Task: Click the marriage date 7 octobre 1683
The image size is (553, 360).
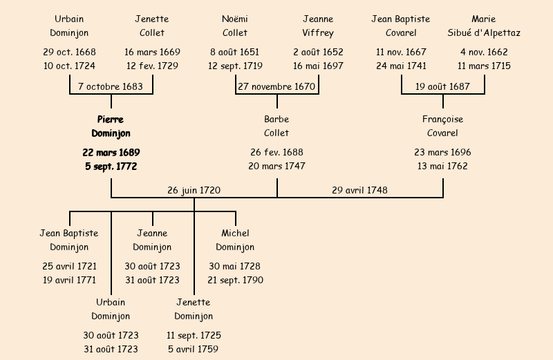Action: point(111,87)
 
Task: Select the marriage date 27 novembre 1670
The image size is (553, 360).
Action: point(276,87)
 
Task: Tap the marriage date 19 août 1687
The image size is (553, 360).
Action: point(442,87)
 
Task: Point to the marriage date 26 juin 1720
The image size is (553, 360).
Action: point(194,190)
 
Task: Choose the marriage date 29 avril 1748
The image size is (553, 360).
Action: point(359,190)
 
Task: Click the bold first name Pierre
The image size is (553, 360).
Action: point(111,120)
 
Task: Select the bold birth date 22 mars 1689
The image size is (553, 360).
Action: point(111,153)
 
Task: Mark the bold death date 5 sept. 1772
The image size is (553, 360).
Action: point(111,167)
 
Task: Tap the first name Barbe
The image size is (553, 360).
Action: point(276,120)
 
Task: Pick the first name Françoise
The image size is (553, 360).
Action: point(442,120)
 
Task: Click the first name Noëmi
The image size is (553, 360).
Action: point(235,19)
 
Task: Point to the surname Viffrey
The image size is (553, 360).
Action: point(318,33)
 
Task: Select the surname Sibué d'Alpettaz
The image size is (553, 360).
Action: point(484,33)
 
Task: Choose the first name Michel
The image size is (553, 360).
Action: point(235,234)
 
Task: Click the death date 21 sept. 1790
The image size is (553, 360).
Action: point(235,281)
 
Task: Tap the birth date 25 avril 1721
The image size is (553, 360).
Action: point(69,267)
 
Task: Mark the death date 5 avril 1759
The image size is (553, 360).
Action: point(194,350)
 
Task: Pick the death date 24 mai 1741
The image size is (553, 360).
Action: point(401,66)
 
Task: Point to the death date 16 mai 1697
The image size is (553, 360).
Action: point(318,66)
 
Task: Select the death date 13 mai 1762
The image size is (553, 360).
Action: point(442,167)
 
